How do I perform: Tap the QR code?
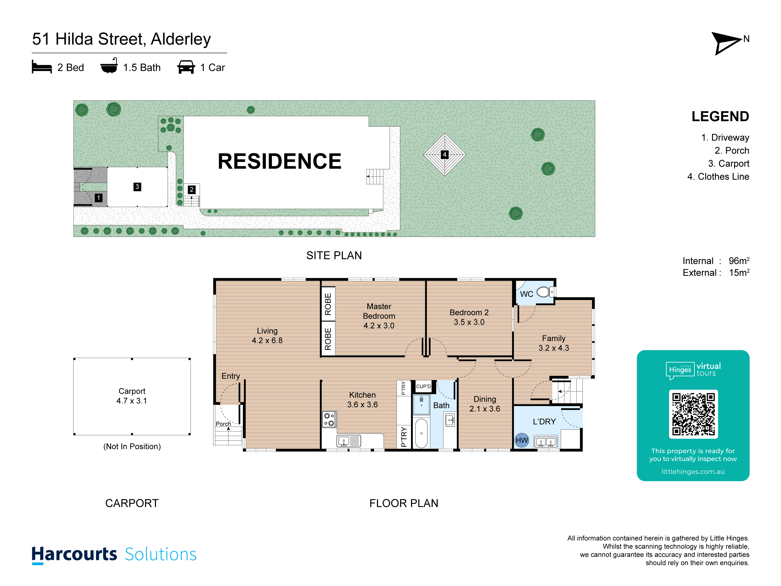coord(693,414)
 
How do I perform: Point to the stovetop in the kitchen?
coord(329,420)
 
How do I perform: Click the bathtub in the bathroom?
coord(421,433)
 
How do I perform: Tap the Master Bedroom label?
coord(379,316)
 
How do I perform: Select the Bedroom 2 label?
coord(469,317)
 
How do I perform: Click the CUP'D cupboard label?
coord(423,386)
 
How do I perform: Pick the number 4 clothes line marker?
coord(445,154)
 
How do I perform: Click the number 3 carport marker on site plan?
coord(137,186)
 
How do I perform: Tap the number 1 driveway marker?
coord(98,198)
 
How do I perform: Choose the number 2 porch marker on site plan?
coord(191,190)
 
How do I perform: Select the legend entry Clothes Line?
coord(723,177)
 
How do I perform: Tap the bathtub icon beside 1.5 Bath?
coord(109,66)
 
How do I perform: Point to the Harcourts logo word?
coord(74,554)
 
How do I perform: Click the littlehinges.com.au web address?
coord(693,472)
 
